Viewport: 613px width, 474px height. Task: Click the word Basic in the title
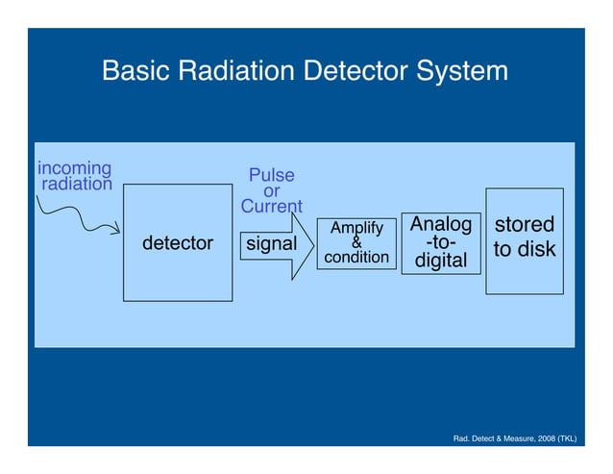click(x=133, y=72)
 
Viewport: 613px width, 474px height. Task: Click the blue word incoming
click(x=74, y=168)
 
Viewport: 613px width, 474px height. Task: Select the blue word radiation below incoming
click(x=76, y=184)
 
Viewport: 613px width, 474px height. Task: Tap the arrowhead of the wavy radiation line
click(x=114, y=230)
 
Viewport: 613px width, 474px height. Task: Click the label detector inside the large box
click(x=178, y=244)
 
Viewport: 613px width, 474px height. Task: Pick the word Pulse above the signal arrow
click(x=272, y=176)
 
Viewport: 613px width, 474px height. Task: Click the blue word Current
click(x=272, y=207)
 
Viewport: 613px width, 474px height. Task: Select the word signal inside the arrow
click(x=272, y=244)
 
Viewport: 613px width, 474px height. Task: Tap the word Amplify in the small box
click(x=356, y=228)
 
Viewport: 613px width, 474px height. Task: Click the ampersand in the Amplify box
click(x=356, y=242)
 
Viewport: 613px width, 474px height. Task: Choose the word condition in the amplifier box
click(x=356, y=258)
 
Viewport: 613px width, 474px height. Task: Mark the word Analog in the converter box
click(x=441, y=225)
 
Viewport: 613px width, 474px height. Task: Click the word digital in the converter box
click(x=441, y=261)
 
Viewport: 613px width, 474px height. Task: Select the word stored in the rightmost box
click(x=524, y=225)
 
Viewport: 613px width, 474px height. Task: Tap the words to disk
click(x=524, y=250)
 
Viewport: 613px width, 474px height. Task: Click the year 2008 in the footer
click(x=537, y=439)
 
